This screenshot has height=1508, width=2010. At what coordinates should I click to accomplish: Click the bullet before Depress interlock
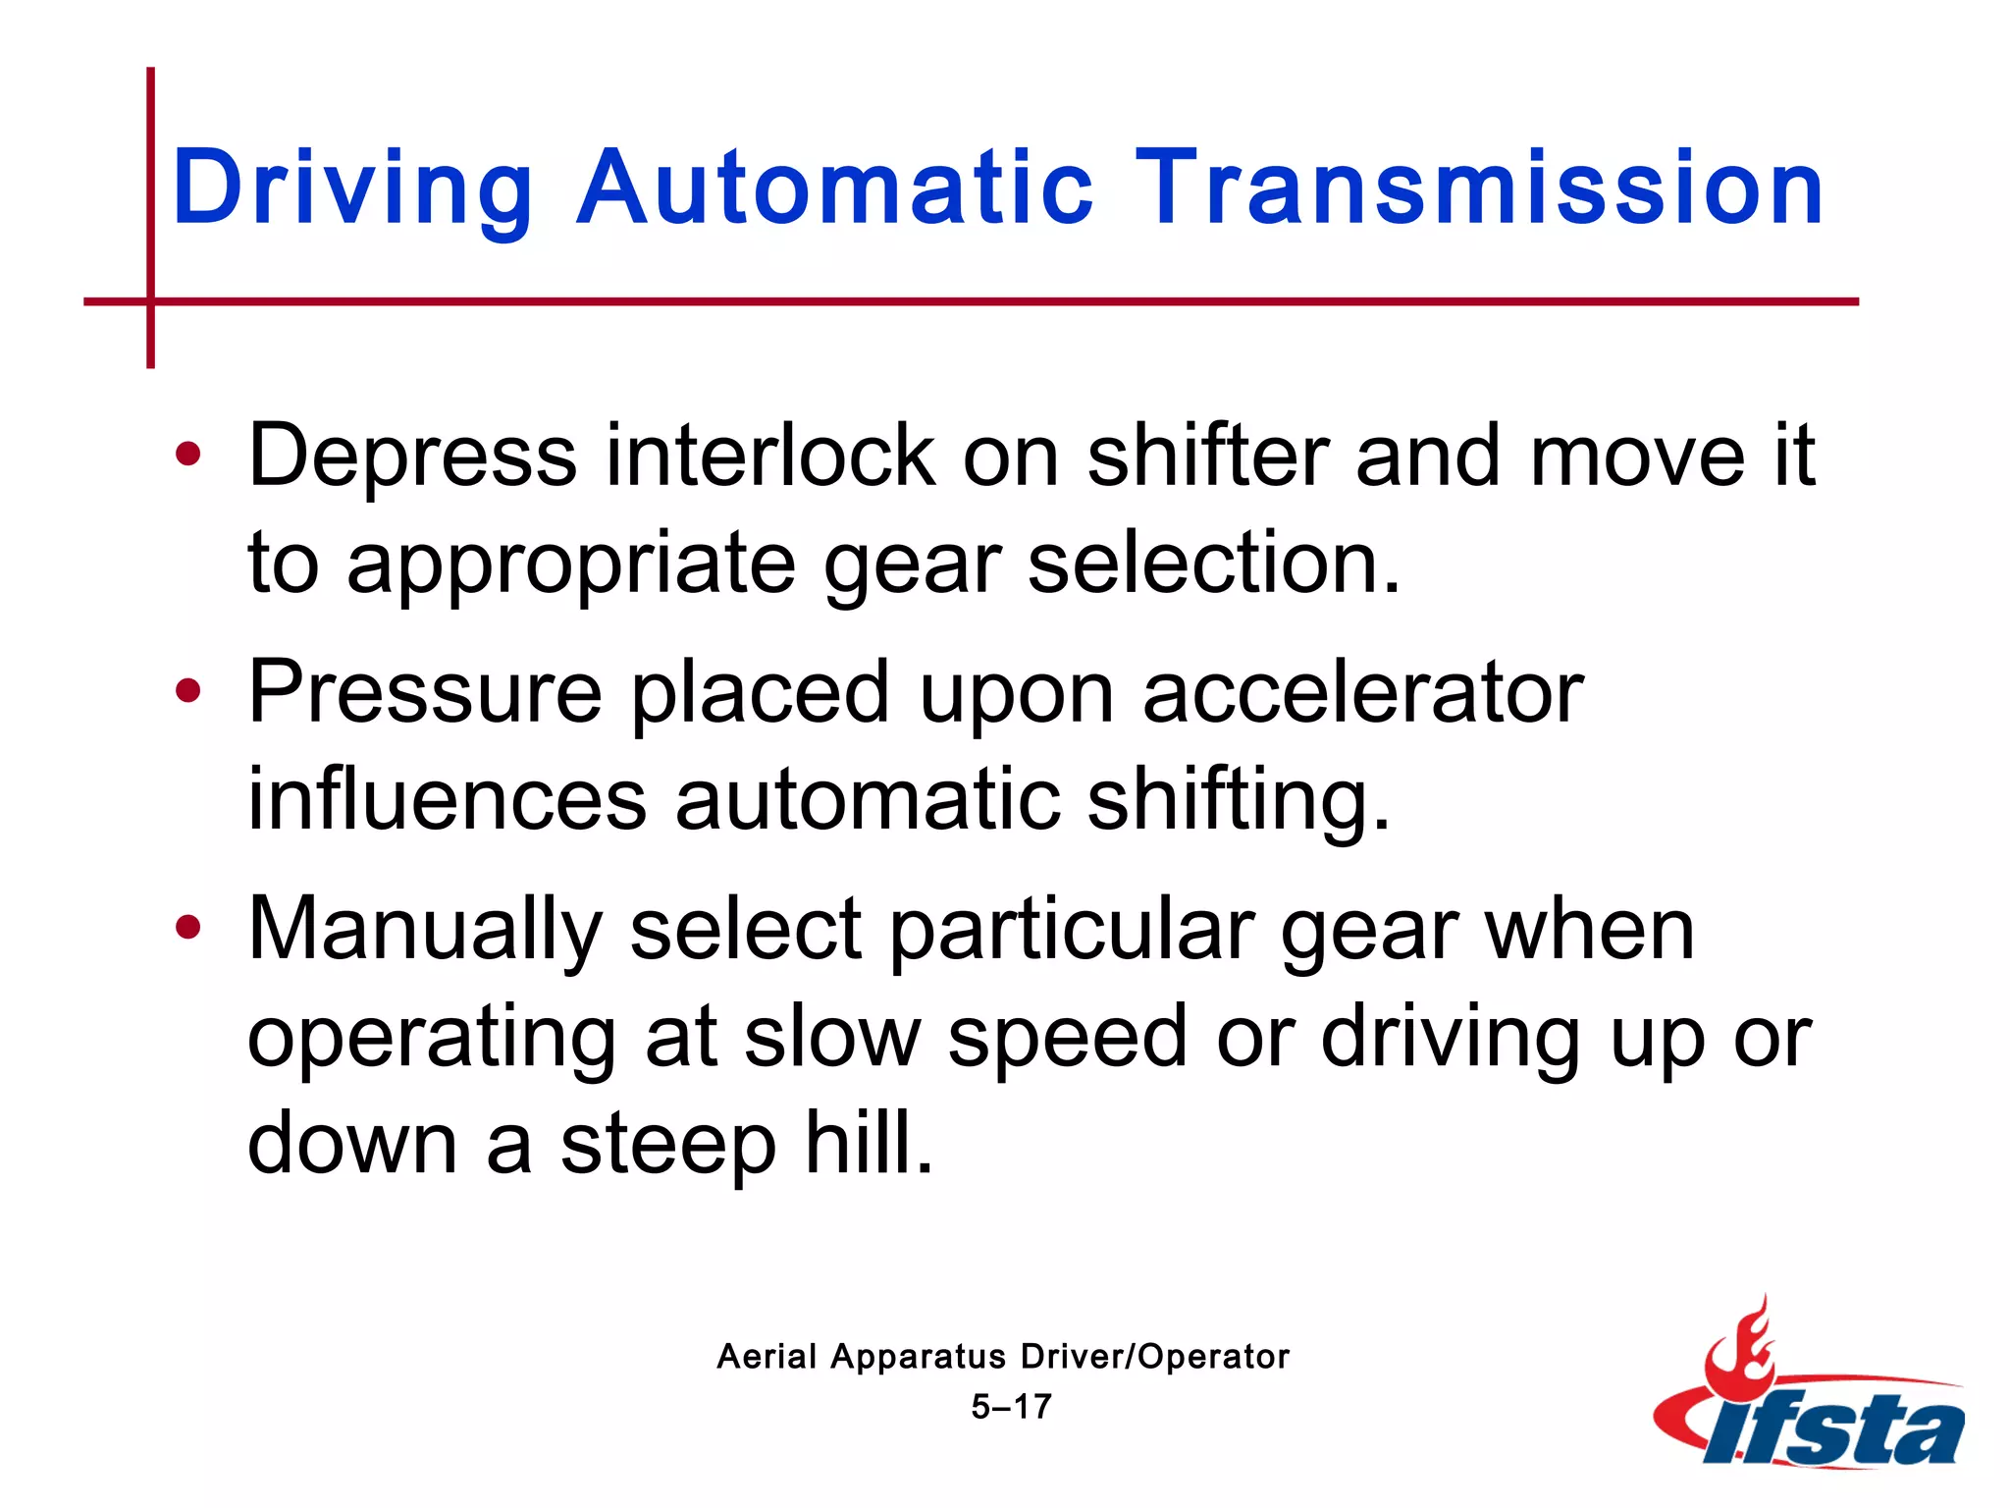click(187, 455)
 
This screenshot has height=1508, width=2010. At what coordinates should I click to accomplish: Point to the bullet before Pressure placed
click(187, 691)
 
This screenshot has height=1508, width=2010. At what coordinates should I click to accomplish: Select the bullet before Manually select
click(187, 927)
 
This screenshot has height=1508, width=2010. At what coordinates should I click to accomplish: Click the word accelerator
click(1362, 692)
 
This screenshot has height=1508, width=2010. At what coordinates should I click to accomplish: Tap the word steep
click(667, 1144)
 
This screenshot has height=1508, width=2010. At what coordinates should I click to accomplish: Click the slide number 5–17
click(1011, 1407)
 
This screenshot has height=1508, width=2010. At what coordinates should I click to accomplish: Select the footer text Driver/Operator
click(1154, 1357)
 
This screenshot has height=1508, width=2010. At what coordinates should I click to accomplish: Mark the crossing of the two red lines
click(150, 301)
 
